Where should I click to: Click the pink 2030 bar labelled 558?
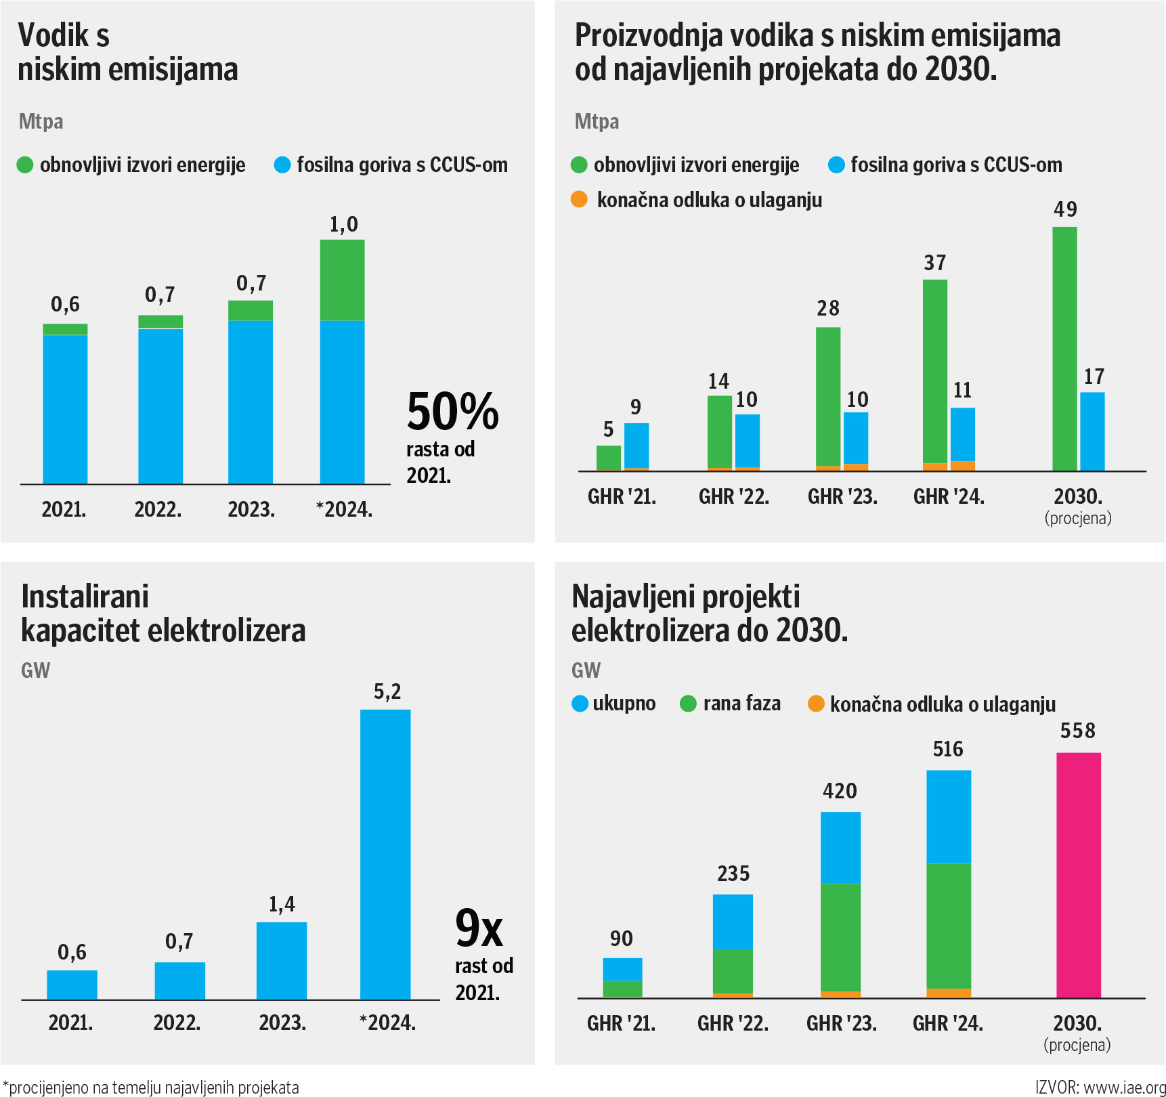(x=1078, y=875)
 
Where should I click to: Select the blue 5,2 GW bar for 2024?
(x=385, y=854)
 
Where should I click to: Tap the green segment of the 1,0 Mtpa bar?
(x=342, y=280)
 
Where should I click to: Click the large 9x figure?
(x=479, y=928)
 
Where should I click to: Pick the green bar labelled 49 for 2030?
(x=1064, y=349)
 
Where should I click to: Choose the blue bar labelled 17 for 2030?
(x=1092, y=431)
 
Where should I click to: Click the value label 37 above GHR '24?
(x=934, y=263)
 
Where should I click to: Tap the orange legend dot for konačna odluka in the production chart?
(x=579, y=200)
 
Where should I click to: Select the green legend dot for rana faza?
(x=688, y=704)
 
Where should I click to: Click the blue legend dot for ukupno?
(x=580, y=704)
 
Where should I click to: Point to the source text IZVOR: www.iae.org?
(x=1100, y=1087)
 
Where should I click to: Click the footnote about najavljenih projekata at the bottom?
(x=151, y=1088)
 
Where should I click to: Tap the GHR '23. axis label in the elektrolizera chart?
(x=841, y=1023)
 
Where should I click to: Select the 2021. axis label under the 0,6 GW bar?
(x=70, y=1023)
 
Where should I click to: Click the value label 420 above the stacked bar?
(x=840, y=791)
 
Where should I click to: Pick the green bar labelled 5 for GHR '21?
(x=609, y=458)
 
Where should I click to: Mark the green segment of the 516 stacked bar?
(x=948, y=926)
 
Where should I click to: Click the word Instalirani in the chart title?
(x=85, y=597)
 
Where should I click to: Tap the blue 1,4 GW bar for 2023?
(x=282, y=960)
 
